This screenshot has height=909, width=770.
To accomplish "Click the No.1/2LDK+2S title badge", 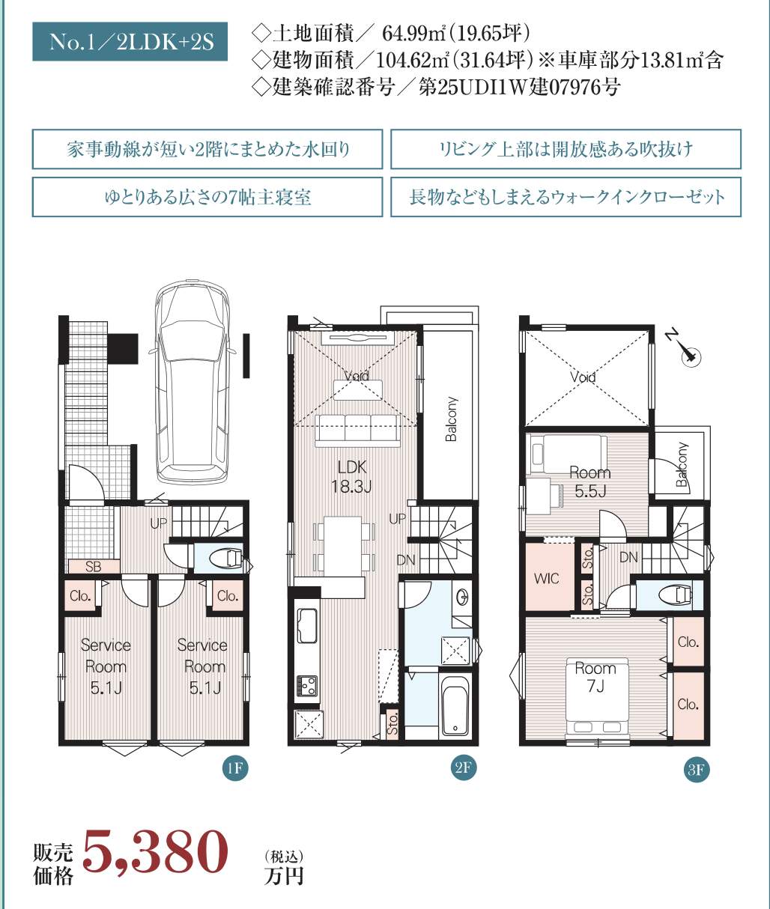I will tap(131, 41).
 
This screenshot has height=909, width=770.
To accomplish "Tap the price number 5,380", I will tap(155, 853).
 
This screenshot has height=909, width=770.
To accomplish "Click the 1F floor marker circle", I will tap(234, 768).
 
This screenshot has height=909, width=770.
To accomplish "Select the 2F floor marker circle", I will tap(464, 767).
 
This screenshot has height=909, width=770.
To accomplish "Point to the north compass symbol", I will tap(687, 356).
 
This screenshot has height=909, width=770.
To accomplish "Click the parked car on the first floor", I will tap(195, 382).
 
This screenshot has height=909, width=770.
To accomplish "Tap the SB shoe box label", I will tap(93, 567).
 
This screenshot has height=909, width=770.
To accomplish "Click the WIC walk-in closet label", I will tap(546, 578).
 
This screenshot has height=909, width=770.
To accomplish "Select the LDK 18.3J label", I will tap(351, 477).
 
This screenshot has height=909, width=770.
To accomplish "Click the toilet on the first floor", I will tap(225, 559).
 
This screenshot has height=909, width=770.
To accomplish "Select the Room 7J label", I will tap(595, 677).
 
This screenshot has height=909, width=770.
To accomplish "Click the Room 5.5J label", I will tap(589, 481).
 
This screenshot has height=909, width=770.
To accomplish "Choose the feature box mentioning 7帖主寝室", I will tap(207, 197).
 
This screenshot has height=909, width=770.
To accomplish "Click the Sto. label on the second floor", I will tap(392, 725).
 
